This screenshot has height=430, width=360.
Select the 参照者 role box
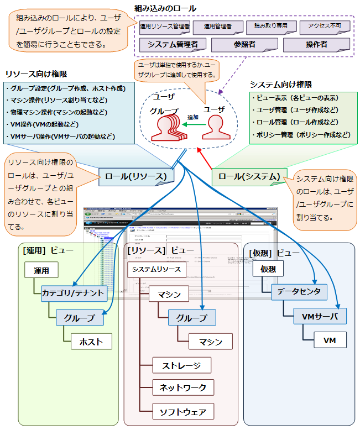[244, 44]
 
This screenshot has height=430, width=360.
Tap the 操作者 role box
[316, 44]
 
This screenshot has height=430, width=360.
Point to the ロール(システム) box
[249, 176]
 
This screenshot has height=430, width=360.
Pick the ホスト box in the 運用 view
[91, 342]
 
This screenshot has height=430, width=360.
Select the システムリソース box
[157, 270]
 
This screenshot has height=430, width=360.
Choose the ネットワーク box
[182, 387]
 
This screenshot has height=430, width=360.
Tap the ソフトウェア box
[182, 411]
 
